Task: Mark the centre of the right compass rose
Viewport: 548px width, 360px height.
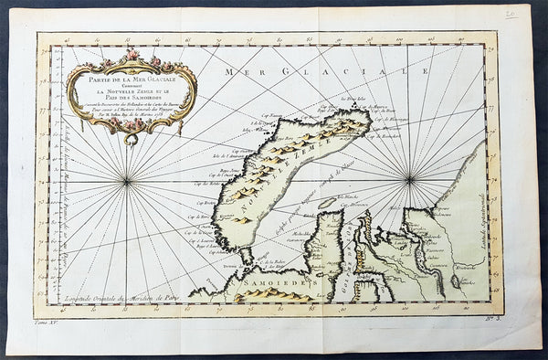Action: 411,177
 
